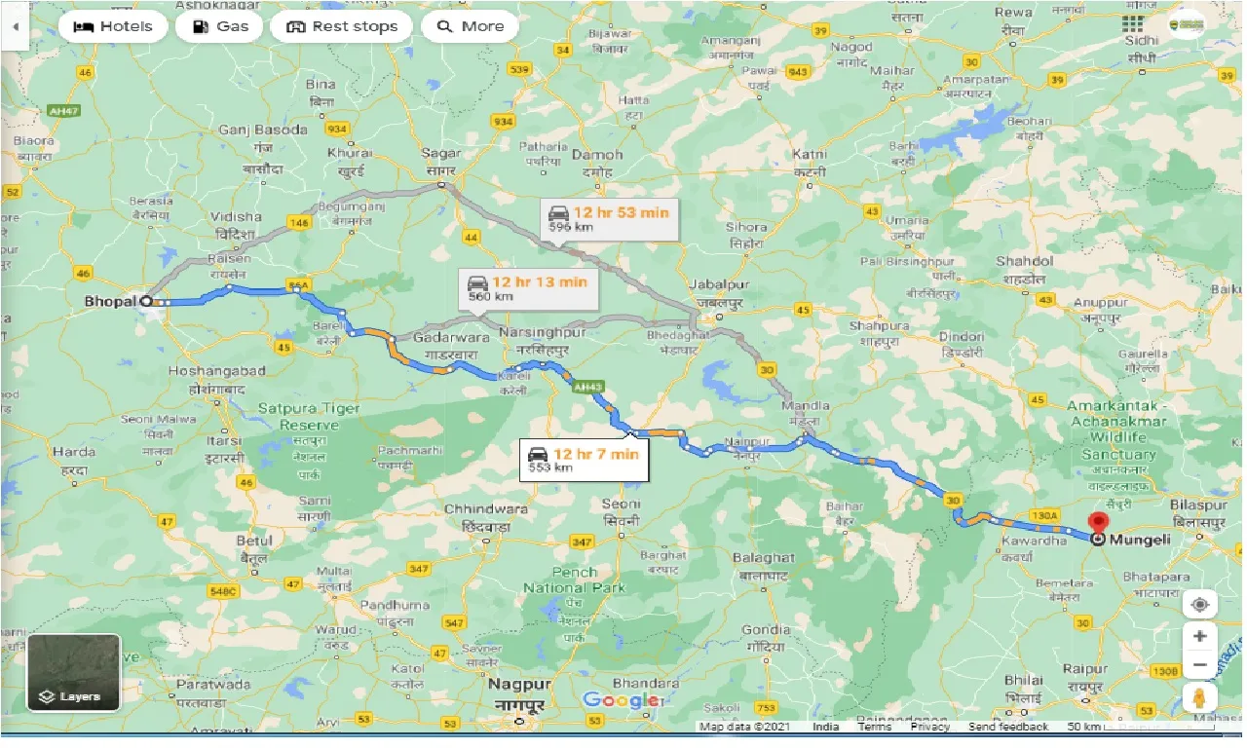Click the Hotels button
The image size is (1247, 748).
pyautogui.click(x=112, y=26)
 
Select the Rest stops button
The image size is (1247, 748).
pyautogui.click(x=341, y=26)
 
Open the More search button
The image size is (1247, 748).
pyautogui.click(x=470, y=26)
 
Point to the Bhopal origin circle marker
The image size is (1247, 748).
pyautogui.click(x=146, y=301)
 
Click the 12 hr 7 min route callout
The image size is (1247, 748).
pyautogui.click(x=585, y=459)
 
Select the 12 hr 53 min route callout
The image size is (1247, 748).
pyautogui.click(x=609, y=218)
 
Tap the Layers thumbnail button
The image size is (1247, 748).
pyautogui.click(x=74, y=671)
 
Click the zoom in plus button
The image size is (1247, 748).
pyautogui.click(x=1200, y=636)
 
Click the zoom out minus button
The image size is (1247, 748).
pyautogui.click(x=1200, y=665)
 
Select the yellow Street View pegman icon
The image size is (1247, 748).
pyautogui.click(x=1200, y=698)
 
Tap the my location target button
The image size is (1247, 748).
pyautogui.click(x=1200, y=604)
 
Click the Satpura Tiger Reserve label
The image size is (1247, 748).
pyautogui.click(x=309, y=417)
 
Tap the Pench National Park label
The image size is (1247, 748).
pyautogui.click(x=574, y=580)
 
